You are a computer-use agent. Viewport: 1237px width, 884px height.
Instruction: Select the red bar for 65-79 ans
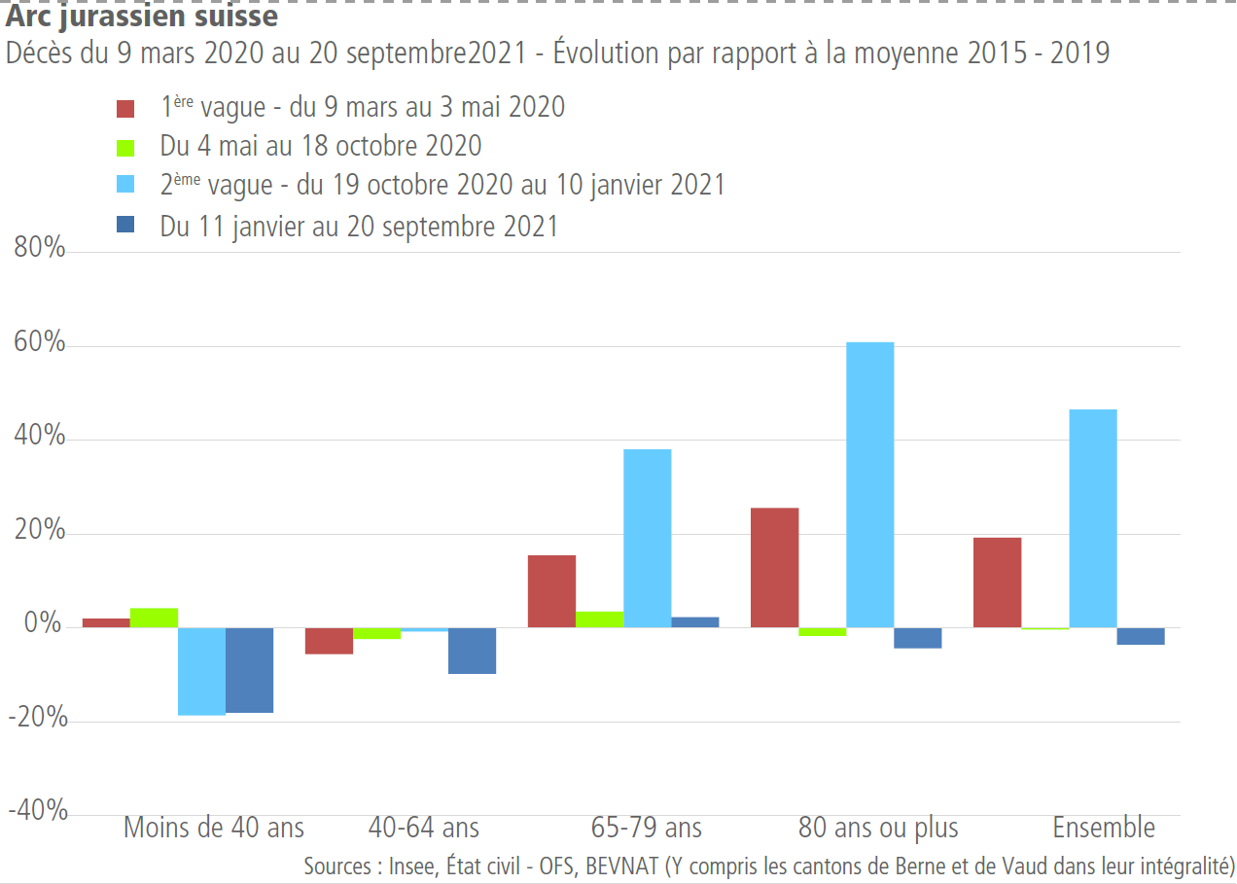[551, 591]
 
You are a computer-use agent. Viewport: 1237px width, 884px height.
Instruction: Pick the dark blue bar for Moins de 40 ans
[249, 670]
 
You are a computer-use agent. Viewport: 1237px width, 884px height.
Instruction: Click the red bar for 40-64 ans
[329, 641]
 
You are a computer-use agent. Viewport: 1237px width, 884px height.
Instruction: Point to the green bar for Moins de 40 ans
[154, 618]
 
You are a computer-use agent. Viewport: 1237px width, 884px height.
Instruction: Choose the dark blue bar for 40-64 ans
[472, 651]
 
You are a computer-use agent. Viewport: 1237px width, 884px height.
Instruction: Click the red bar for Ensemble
[997, 583]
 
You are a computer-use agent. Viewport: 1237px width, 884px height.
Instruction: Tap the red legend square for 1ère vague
[125, 107]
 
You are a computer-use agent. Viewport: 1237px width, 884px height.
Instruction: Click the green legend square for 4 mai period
[125, 147]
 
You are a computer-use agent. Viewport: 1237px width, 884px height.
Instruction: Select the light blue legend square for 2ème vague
[125, 185]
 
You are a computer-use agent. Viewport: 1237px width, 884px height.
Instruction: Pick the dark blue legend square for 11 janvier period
[125, 226]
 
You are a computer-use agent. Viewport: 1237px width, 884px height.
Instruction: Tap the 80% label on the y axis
[40, 250]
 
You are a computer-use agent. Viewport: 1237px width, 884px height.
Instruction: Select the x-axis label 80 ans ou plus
[877, 828]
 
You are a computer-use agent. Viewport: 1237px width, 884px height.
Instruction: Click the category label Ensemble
[1104, 828]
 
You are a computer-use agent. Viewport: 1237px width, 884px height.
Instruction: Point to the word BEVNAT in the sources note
[621, 866]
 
